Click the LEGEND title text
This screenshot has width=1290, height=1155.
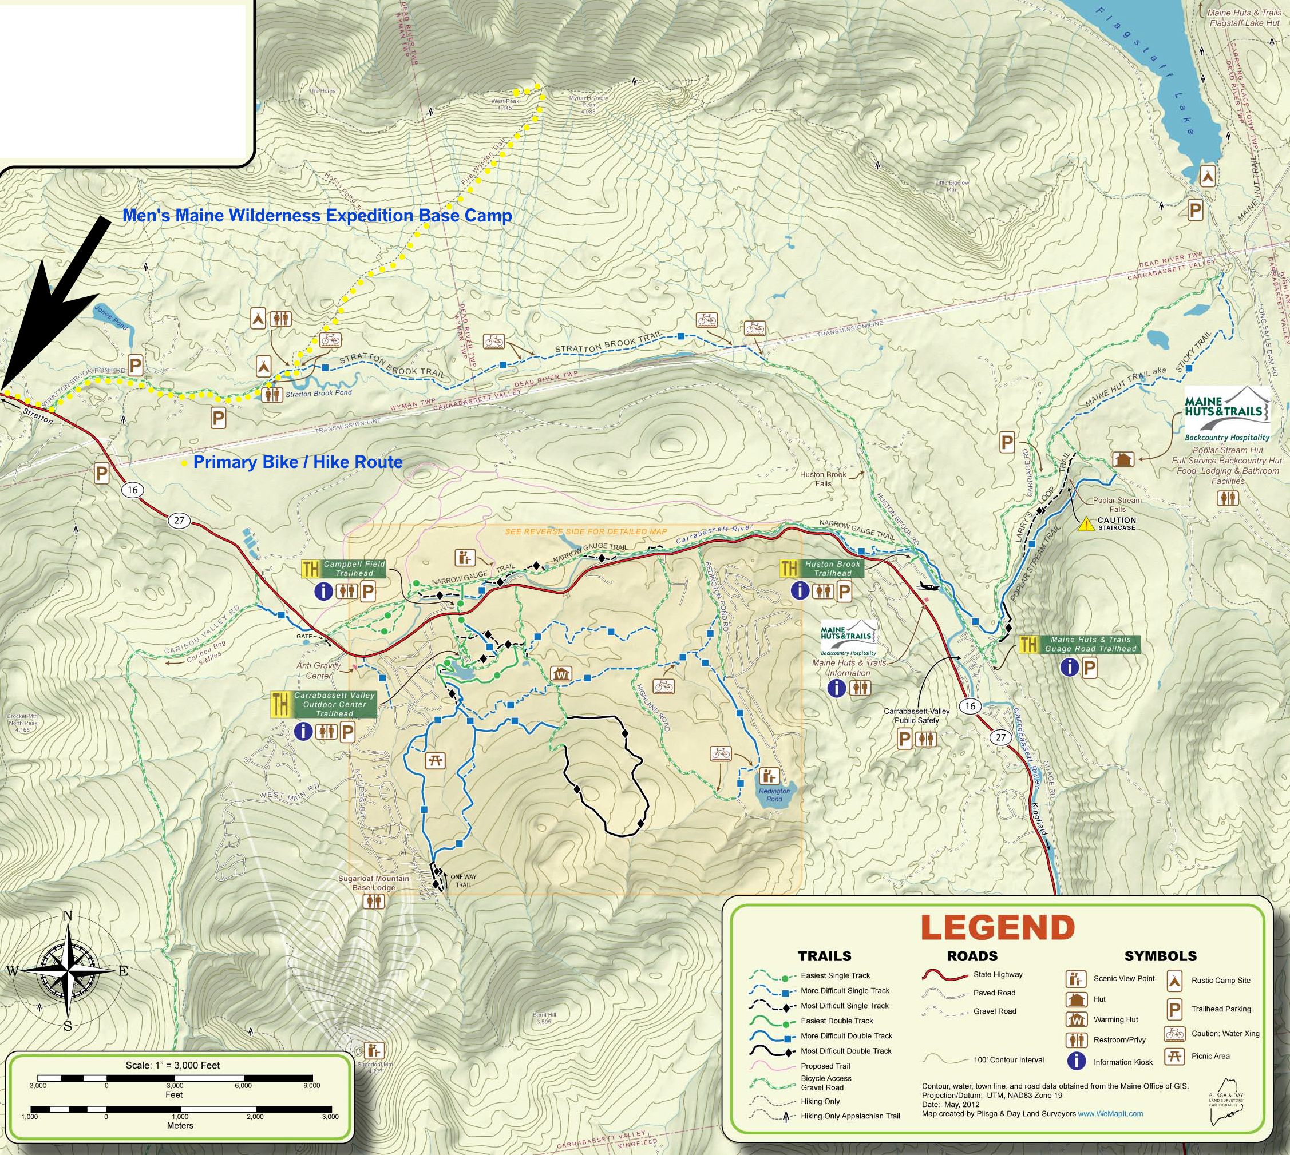(998, 927)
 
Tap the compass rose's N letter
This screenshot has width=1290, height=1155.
(68, 916)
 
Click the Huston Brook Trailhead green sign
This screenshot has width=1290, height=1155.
(832, 569)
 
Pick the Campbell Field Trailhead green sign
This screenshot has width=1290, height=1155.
(354, 569)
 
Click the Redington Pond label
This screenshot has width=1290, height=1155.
(774, 795)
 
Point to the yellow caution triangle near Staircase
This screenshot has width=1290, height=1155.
(1086, 524)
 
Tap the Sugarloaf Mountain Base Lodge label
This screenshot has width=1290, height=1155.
(373, 883)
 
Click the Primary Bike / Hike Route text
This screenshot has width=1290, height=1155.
(297, 462)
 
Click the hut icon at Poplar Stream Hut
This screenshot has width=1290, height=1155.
(1122, 459)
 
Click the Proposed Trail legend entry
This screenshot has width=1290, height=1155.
(825, 1066)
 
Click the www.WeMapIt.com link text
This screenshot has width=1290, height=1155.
(1110, 1113)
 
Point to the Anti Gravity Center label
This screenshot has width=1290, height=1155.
(319, 671)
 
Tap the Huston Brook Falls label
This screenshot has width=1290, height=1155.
(824, 478)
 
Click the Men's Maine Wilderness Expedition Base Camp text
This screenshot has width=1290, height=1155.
(317, 216)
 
